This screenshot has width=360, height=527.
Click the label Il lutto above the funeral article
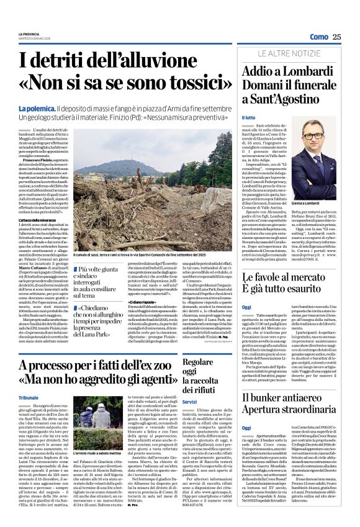(248, 117)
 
